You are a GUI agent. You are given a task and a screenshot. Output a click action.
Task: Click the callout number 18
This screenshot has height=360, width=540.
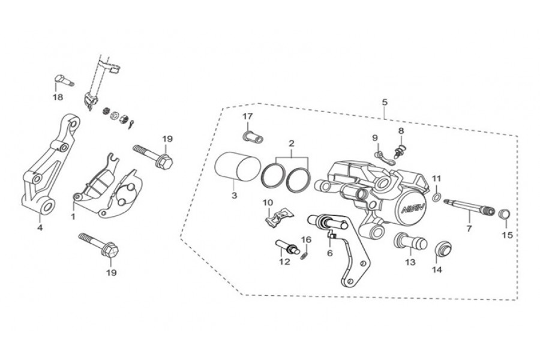(58, 97)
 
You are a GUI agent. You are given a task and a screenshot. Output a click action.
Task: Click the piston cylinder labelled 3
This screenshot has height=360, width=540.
(236, 166)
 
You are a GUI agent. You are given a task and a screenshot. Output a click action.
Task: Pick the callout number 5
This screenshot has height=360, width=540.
(385, 103)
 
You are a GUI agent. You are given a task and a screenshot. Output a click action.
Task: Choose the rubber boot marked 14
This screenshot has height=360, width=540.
(442, 250)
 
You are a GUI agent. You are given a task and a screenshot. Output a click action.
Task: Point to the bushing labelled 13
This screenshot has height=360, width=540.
(410, 241)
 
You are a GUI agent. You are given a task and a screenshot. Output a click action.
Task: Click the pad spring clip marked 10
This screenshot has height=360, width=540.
(279, 218)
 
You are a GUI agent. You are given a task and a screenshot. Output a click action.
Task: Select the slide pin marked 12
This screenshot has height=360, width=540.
(287, 247)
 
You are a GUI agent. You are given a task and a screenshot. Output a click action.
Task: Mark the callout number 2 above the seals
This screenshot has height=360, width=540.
(292, 143)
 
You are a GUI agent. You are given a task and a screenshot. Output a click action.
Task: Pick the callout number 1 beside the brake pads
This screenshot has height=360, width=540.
(73, 217)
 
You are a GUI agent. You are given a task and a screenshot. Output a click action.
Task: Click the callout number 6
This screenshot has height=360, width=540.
(330, 253)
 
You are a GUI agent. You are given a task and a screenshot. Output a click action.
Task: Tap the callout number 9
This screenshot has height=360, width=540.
(375, 138)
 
